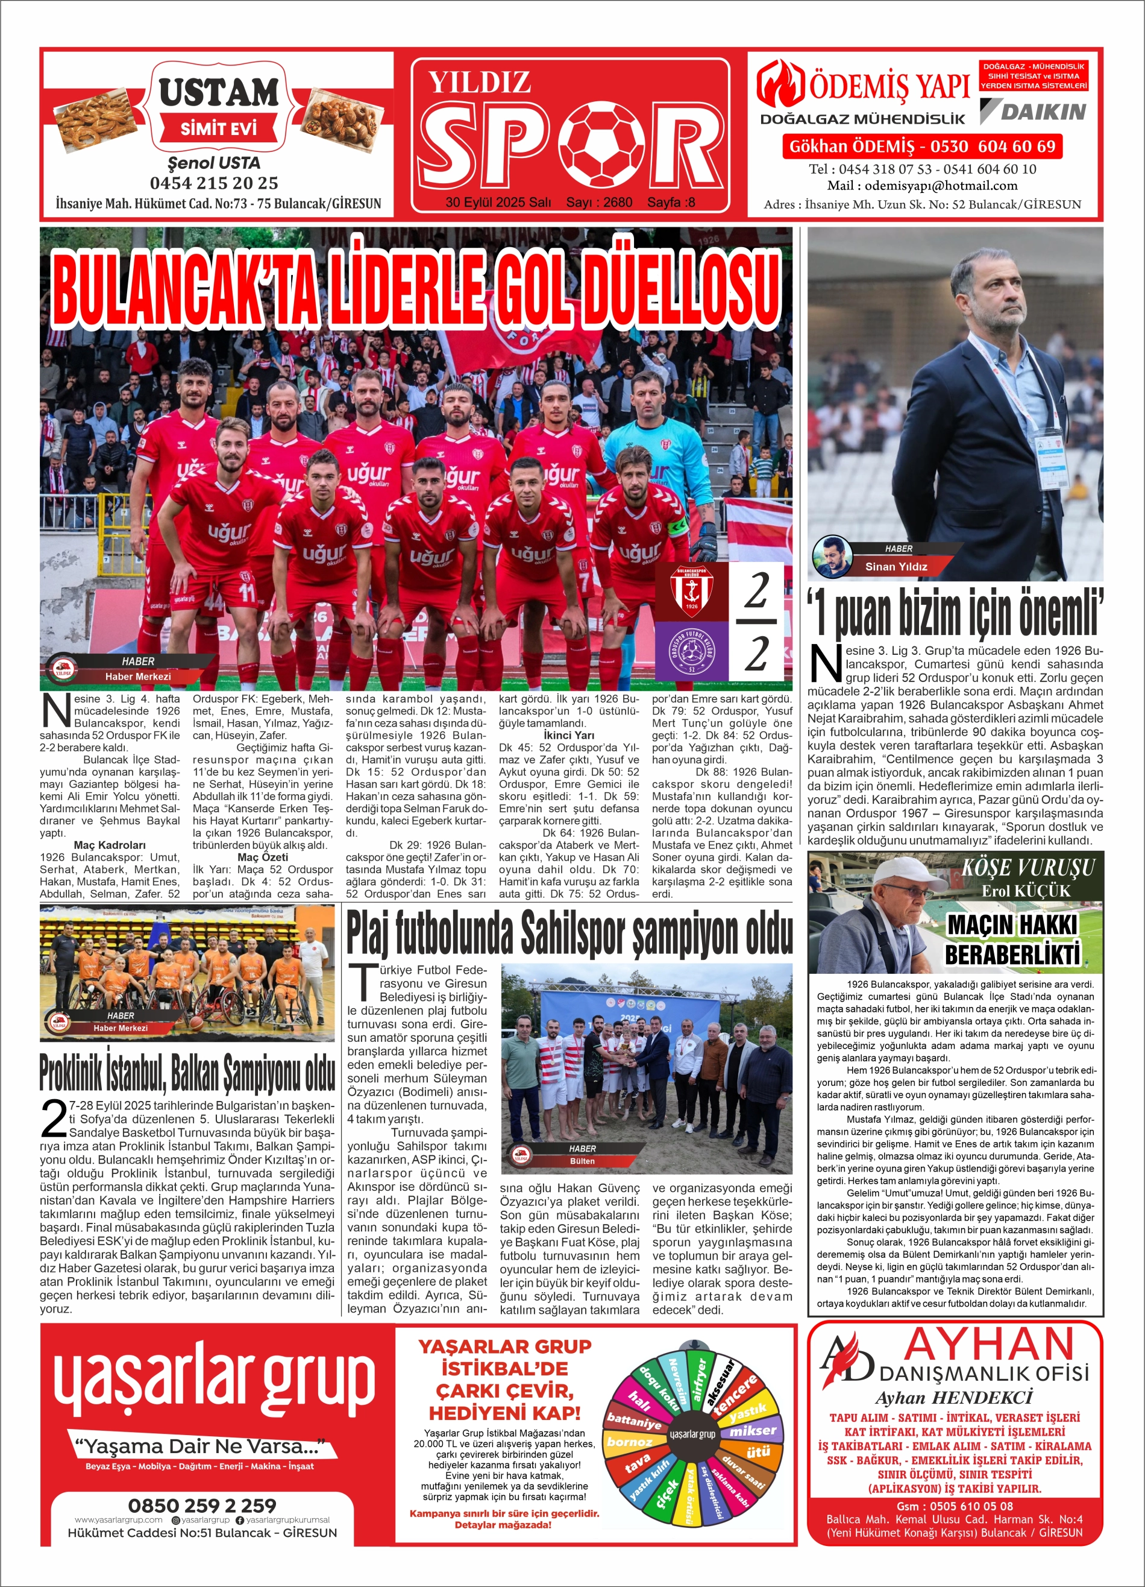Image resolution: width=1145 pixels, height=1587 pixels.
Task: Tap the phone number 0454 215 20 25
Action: tap(214, 183)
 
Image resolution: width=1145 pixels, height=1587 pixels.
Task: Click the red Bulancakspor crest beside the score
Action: tap(691, 590)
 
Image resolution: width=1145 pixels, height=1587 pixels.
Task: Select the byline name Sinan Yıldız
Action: tap(896, 567)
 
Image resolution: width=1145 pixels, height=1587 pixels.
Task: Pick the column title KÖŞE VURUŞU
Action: tap(1027, 868)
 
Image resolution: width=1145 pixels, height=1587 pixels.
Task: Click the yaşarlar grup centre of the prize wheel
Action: tap(692, 1434)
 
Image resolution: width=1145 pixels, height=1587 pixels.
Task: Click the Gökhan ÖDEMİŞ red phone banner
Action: tap(922, 147)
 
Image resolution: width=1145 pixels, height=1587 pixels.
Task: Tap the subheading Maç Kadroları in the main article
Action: tap(110, 845)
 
